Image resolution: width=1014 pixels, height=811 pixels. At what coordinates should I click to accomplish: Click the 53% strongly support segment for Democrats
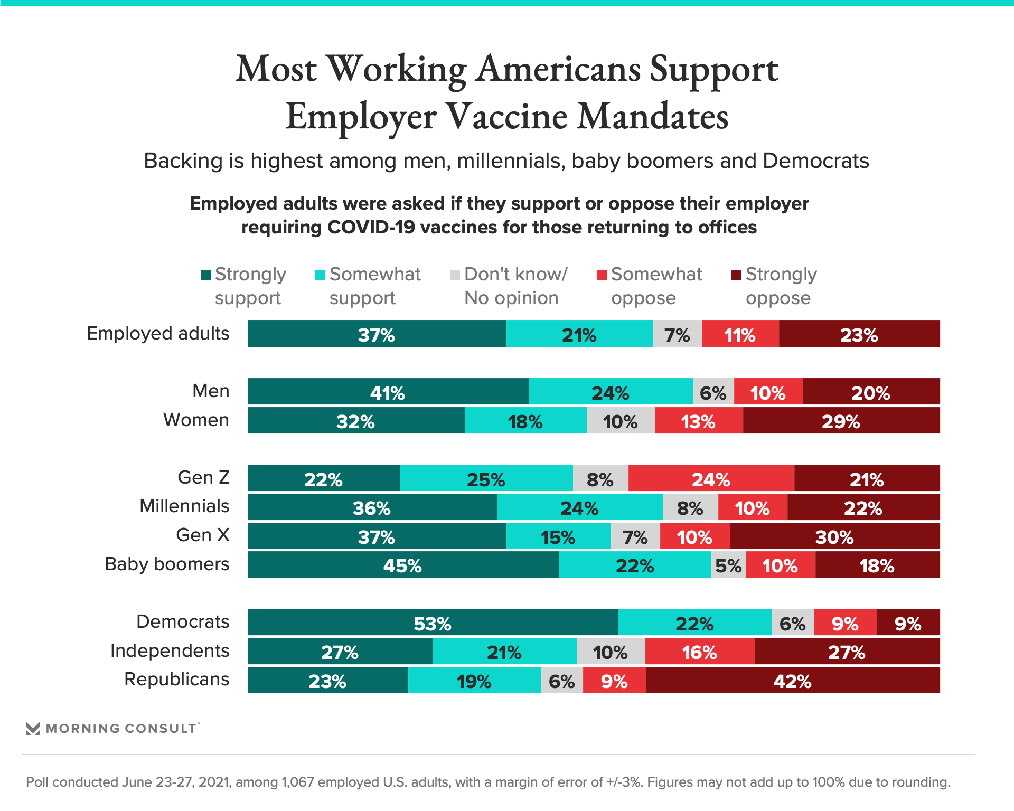(433, 623)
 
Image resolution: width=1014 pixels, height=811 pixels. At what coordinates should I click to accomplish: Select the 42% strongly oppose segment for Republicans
(792, 681)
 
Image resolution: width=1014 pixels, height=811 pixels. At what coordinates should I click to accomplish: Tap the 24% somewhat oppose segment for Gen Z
(711, 479)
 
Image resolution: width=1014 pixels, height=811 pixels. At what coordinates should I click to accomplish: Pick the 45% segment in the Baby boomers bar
(402, 565)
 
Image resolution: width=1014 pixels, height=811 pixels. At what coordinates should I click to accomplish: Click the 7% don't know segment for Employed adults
(677, 335)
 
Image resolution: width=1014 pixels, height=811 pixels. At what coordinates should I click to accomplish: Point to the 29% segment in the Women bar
(841, 421)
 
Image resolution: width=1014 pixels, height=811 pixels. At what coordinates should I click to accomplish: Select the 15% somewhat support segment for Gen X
(558, 537)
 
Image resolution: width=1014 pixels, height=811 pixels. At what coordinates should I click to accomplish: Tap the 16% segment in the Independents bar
(699, 652)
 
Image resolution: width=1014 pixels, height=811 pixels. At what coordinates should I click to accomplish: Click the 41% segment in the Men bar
(387, 393)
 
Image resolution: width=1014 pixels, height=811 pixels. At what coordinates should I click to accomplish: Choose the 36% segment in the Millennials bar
(372, 508)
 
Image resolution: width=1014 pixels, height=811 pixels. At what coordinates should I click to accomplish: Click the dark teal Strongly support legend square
(205, 275)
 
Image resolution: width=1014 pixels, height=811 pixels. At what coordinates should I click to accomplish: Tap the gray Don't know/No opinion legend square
(455, 275)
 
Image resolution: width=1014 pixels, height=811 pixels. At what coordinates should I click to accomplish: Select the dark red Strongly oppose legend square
(736, 275)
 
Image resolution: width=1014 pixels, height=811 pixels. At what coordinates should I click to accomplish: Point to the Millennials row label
(184, 506)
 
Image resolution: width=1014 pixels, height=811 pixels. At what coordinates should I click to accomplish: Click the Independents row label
(170, 650)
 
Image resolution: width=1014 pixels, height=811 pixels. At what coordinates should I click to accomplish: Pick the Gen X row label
(203, 535)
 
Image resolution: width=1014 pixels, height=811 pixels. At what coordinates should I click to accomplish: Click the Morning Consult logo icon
(33, 729)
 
